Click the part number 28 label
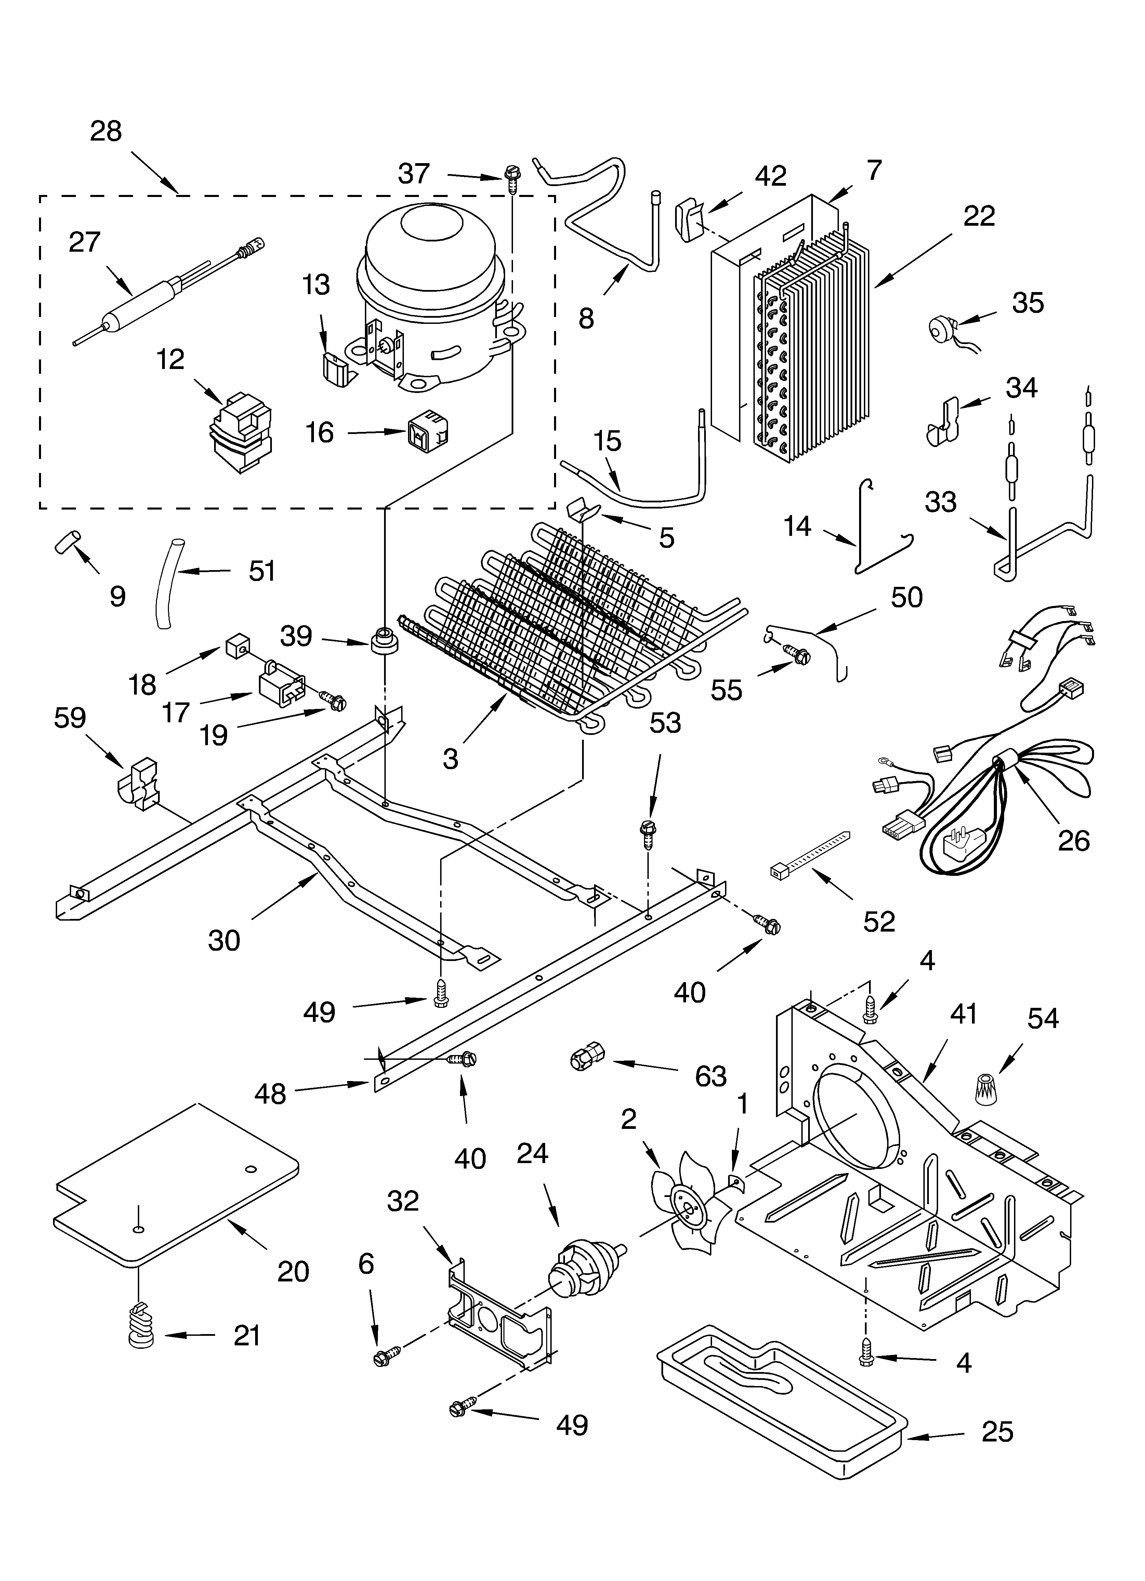point(106,131)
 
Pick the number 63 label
point(711,1077)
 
